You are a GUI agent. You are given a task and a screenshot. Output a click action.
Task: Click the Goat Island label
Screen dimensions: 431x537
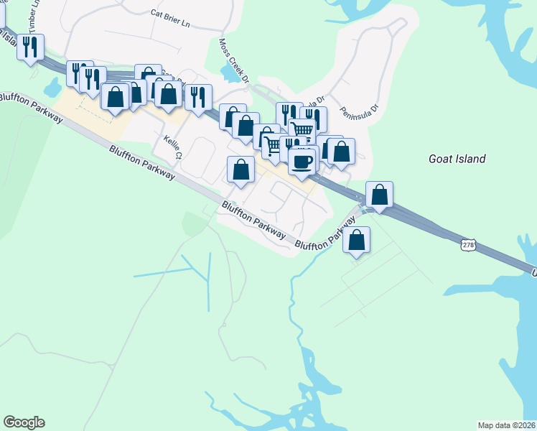click(457, 159)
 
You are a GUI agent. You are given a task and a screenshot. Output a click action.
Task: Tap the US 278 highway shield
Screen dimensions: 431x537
click(468, 245)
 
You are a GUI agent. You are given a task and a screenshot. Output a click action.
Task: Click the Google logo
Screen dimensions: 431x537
click(24, 422)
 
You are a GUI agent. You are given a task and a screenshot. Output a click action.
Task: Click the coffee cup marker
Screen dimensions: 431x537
click(302, 159)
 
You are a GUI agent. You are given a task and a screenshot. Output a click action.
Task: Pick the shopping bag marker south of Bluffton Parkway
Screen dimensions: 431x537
click(356, 240)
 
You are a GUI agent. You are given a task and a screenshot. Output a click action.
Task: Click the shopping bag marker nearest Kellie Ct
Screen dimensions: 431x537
click(241, 170)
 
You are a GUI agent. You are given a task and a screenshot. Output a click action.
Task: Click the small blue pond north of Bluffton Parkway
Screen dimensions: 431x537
click(52, 88)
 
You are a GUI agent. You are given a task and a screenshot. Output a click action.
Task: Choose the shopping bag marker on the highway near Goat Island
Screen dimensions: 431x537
click(379, 194)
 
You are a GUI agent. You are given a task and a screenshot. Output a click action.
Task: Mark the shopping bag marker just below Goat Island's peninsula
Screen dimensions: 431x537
click(341, 152)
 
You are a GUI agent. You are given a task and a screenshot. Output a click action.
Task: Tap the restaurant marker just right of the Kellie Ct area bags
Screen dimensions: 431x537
click(198, 97)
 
